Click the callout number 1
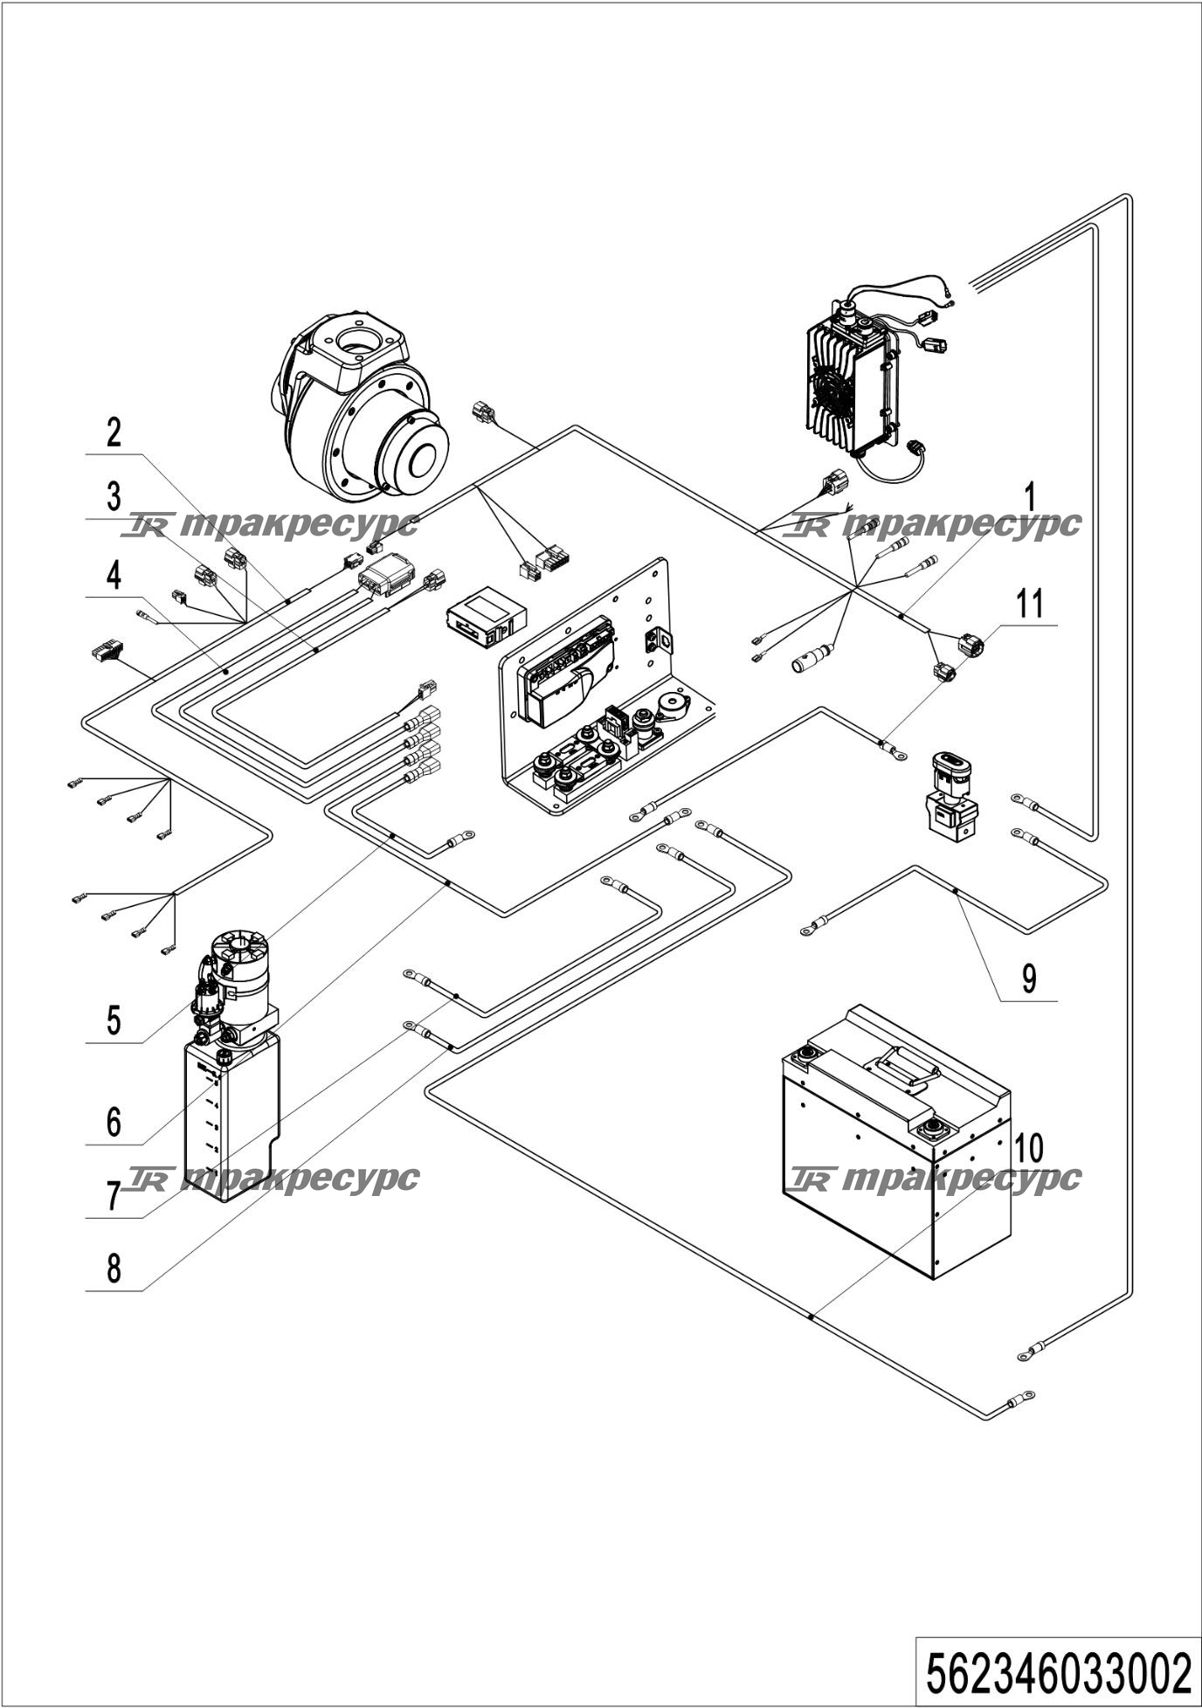(x=1030, y=497)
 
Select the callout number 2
(x=114, y=432)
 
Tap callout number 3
(x=114, y=497)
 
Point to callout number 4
(x=114, y=576)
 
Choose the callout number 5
(x=114, y=1020)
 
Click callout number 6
(x=114, y=1122)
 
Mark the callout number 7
(x=114, y=1196)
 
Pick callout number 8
(x=114, y=1269)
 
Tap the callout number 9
(x=1030, y=978)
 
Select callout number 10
(x=1030, y=1148)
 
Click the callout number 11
(x=1030, y=604)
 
